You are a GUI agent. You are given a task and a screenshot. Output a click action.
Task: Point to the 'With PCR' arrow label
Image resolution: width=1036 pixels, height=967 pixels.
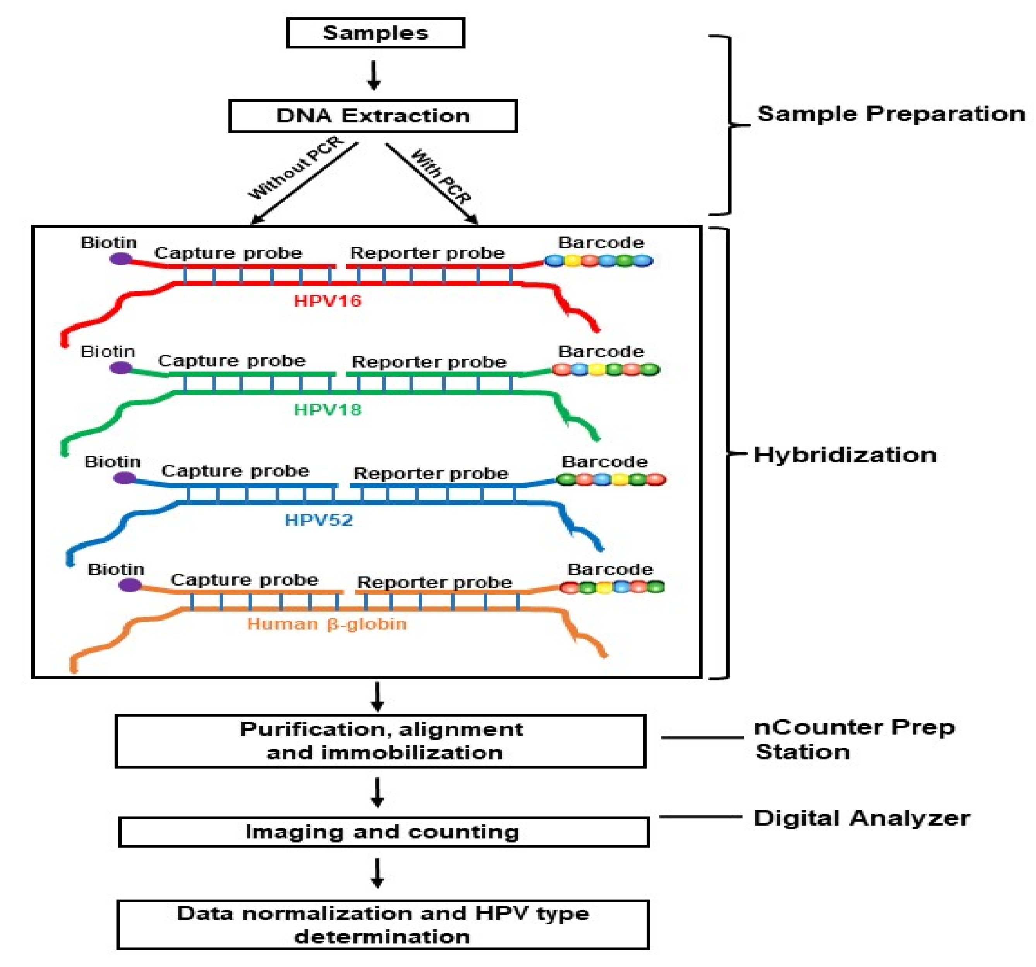click(x=441, y=176)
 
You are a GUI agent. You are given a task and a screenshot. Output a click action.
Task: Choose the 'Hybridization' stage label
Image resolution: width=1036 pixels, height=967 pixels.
click(x=845, y=455)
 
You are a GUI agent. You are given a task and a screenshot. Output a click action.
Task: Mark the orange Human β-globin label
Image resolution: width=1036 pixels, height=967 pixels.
click(x=327, y=624)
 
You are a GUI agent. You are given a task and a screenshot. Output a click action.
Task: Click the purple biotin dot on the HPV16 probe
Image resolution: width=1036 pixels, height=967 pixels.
click(x=121, y=258)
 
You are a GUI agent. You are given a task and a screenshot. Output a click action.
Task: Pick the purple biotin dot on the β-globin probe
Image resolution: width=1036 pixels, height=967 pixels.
click(x=130, y=585)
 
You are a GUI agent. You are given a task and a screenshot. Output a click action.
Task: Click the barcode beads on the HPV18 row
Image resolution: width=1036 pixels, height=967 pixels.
click(x=605, y=369)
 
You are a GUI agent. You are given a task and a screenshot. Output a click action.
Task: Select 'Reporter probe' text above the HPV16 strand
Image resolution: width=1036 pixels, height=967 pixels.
click(x=427, y=253)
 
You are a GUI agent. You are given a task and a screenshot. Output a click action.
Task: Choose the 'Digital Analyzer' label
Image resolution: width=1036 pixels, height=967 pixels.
click(x=861, y=818)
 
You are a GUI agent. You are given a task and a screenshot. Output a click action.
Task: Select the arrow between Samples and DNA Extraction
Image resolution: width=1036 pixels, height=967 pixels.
click(x=374, y=76)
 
